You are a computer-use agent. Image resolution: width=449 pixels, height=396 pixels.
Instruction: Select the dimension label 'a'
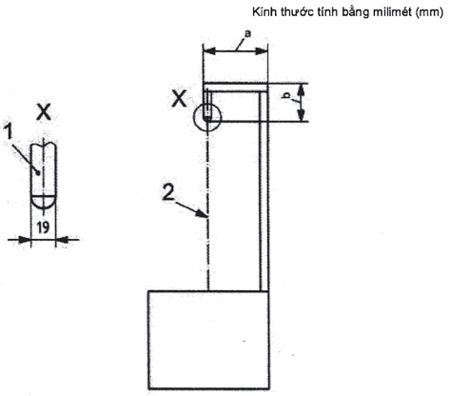tap(247, 33)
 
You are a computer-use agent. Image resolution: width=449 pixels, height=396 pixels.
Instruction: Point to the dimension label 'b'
tap(286, 95)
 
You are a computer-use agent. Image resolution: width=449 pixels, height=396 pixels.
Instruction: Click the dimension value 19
tap(43, 228)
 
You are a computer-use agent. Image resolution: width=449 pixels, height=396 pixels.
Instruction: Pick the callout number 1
tap(9, 131)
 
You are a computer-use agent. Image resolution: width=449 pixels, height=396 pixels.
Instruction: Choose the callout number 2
tap(167, 192)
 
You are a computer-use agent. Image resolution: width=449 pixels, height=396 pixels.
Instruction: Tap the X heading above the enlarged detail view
tap(44, 112)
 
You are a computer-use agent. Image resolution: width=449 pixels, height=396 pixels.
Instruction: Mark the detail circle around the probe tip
tap(194, 117)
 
